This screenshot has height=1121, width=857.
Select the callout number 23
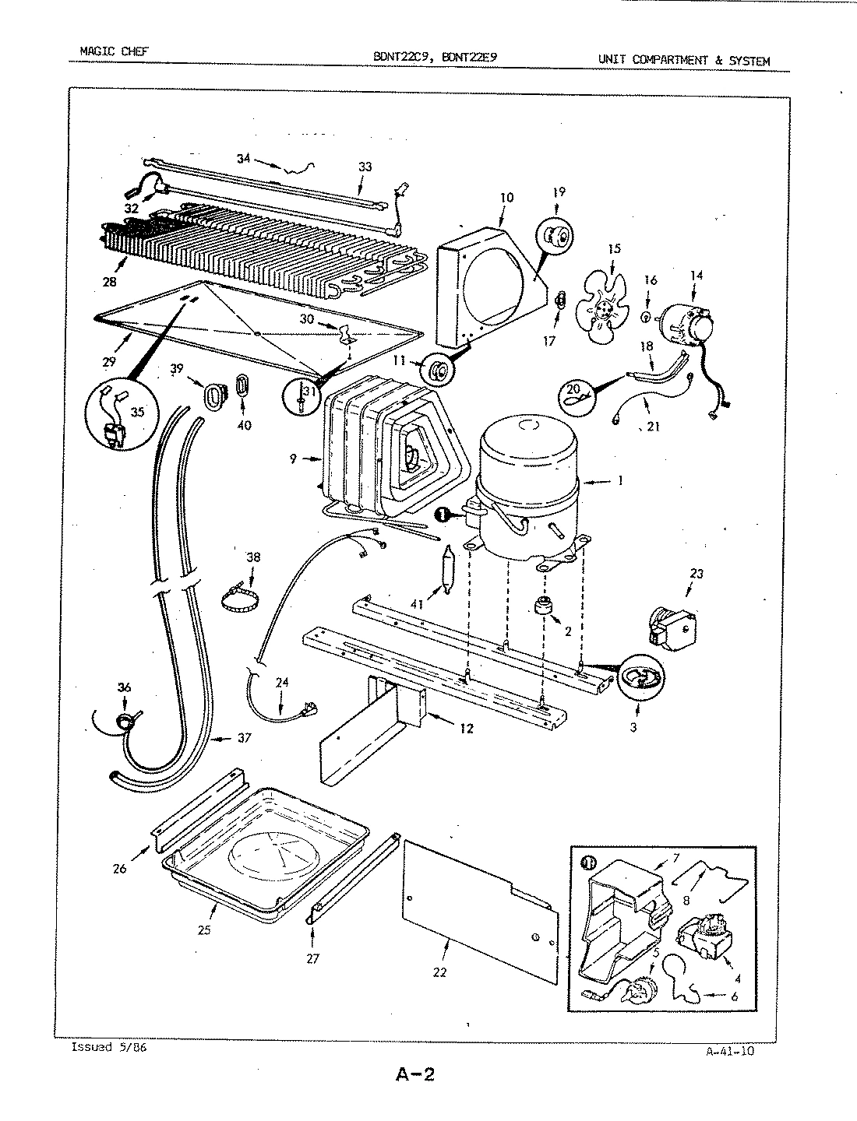pyautogui.click(x=696, y=574)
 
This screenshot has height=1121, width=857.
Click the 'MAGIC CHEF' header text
pyautogui.click(x=114, y=52)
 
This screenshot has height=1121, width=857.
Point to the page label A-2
pyautogui.click(x=414, y=1075)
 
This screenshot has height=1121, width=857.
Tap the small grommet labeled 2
pyautogui.click(x=537, y=606)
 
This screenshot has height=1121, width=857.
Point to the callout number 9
pyautogui.click(x=293, y=459)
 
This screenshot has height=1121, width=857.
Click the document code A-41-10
pyautogui.click(x=729, y=1051)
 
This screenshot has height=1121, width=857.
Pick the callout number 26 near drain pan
pyautogui.click(x=119, y=869)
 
